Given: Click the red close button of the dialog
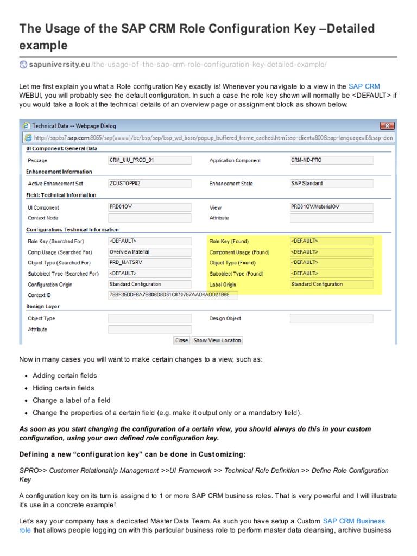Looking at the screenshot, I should (x=387, y=126).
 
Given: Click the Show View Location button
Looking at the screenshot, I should (x=217, y=340).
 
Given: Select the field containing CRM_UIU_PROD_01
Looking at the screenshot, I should (x=150, y=160).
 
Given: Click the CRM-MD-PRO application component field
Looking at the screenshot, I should (x=331, y=160).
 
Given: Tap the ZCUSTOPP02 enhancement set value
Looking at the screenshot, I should (x=150, y=184).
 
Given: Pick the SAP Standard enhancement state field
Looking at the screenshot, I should (x=331, y=184).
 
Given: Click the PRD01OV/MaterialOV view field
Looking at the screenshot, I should (x=331, y=207).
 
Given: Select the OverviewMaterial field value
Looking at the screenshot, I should (x=150, y=252).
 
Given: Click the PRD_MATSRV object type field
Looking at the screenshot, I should (x=150, y=263).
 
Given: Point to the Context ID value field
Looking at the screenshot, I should (x=173, y=295).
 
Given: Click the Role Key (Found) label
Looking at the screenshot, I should (x=229, y=242).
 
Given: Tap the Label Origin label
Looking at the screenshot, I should (x=223, y=285).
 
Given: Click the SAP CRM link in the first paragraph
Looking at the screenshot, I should (x=364, y=86).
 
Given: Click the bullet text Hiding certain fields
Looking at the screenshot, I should (x=63, y=388).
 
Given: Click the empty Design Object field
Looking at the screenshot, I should (x=331, y=319).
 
